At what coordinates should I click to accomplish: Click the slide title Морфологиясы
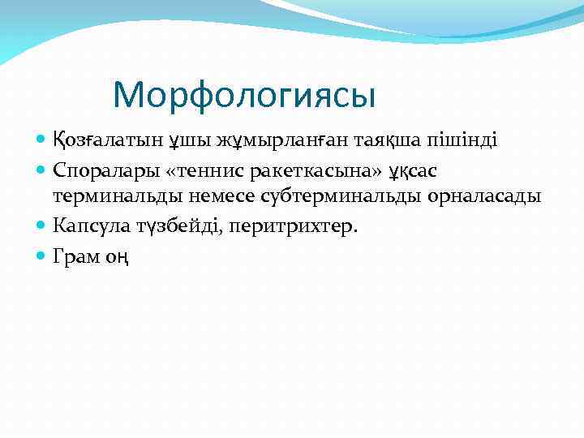244,95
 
